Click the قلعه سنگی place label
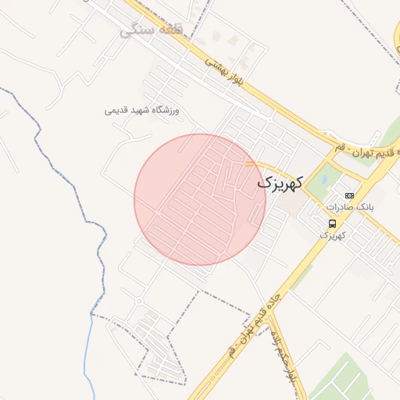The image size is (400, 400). (x=152, y=31)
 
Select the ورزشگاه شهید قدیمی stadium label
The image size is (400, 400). (x=142, y=111)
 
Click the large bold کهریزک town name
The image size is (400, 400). (x=278, y=182)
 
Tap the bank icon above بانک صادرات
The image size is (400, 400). (x=349, y=195)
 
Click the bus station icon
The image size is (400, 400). (x=333, y=223)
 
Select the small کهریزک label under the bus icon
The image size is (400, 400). (x=332, y=234)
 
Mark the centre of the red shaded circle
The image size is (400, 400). (x=200, y=200)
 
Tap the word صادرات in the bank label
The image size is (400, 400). (x=341, y=207)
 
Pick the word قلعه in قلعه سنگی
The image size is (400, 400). (x=167, y=31)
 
